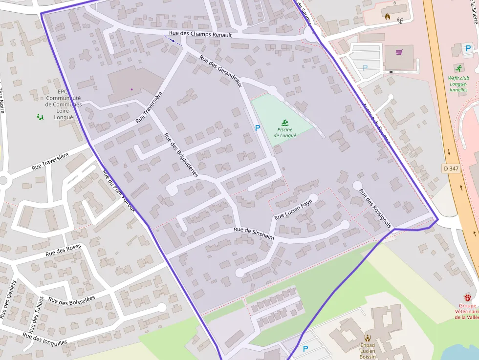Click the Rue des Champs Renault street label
tap(200, 35)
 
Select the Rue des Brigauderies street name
tap(181, 155)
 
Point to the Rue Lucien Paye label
tap(293, 209)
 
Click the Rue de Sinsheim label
tap(254, 233)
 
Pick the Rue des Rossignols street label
tap(375, 208)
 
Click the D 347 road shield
tap(451, 168)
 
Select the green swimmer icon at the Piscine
tap(284, 122)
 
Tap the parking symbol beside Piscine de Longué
tap(257, 128)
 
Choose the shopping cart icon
tap(399, 52)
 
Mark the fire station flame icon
tap(388, 16)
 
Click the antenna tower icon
tap(400, 21)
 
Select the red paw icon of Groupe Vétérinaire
tap(468, 296)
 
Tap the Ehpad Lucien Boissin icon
tap(367, 338)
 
